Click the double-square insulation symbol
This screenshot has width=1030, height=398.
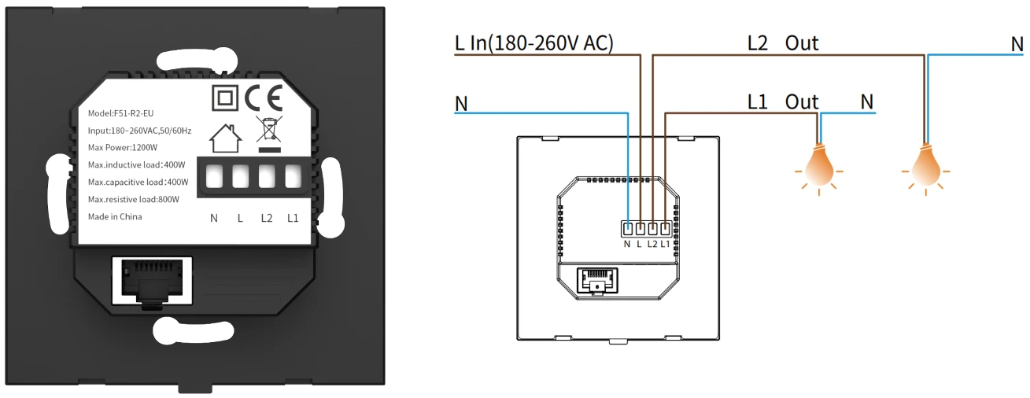[224, 98]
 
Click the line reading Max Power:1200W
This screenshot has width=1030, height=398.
[123, 148]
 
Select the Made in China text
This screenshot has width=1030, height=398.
[115, 216]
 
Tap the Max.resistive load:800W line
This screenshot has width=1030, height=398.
[134, 199]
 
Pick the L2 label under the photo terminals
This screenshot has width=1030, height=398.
[267, 217]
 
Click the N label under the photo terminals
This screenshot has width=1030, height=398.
[214, 217]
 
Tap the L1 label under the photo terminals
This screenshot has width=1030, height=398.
[293, 217]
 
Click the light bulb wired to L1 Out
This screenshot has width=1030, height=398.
[818, 162]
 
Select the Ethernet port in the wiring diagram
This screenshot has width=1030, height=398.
[596, 279]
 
